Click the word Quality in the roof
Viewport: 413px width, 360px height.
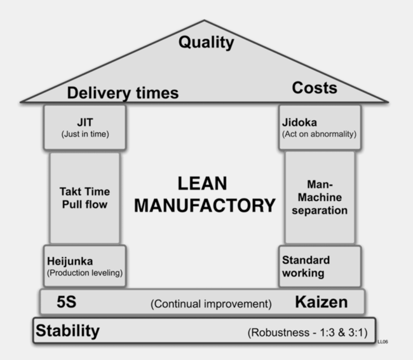tap(206, 43)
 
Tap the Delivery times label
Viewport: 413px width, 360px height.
tap(123, 93)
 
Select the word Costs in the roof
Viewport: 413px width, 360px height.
tap(314, 88)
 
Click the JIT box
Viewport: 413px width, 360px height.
tap(85, 127)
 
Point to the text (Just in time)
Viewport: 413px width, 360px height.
tap(85, 134)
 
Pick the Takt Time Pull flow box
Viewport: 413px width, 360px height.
tap(85, 198)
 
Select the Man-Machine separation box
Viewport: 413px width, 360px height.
tap(320, 197)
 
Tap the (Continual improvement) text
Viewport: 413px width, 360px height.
tap(211, 304)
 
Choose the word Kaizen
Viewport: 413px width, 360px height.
tap(321, 302)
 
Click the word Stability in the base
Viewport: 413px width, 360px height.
tap(68, 331)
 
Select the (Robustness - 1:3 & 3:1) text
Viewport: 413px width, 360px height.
tap(307, 333)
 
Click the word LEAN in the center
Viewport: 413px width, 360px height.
tap(201, 184)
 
